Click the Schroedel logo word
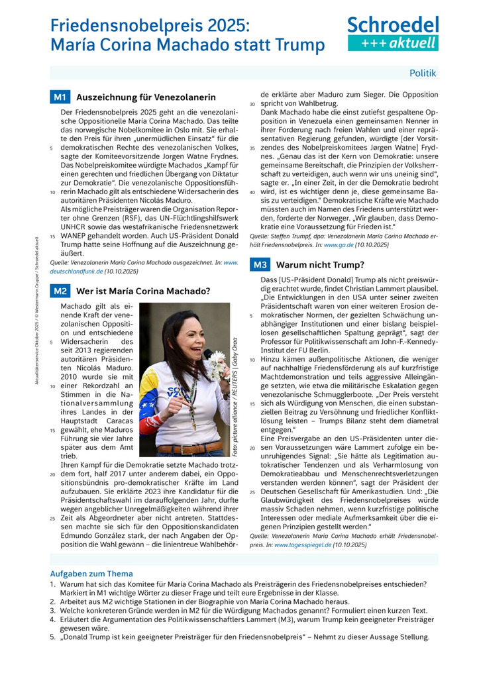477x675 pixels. [x=393, y=25]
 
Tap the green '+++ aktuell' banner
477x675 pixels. [x=393, y=43]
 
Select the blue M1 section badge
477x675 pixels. [x=60, y=97]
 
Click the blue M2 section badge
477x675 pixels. [x=60, y=291]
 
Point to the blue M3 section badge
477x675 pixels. [x=260, y=265]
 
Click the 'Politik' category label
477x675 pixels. [x=423, y=73]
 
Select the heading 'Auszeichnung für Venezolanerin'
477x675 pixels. [x=136, y=97]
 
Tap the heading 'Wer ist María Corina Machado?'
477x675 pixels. [x=143, y=291]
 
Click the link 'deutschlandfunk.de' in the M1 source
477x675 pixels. [x=76, y=272]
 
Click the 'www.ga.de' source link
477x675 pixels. [x=338, y=245]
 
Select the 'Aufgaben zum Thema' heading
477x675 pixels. [x=91, y=574]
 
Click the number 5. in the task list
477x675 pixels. [x=52, y=637]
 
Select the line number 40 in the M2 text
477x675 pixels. [x=252, y=192]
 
